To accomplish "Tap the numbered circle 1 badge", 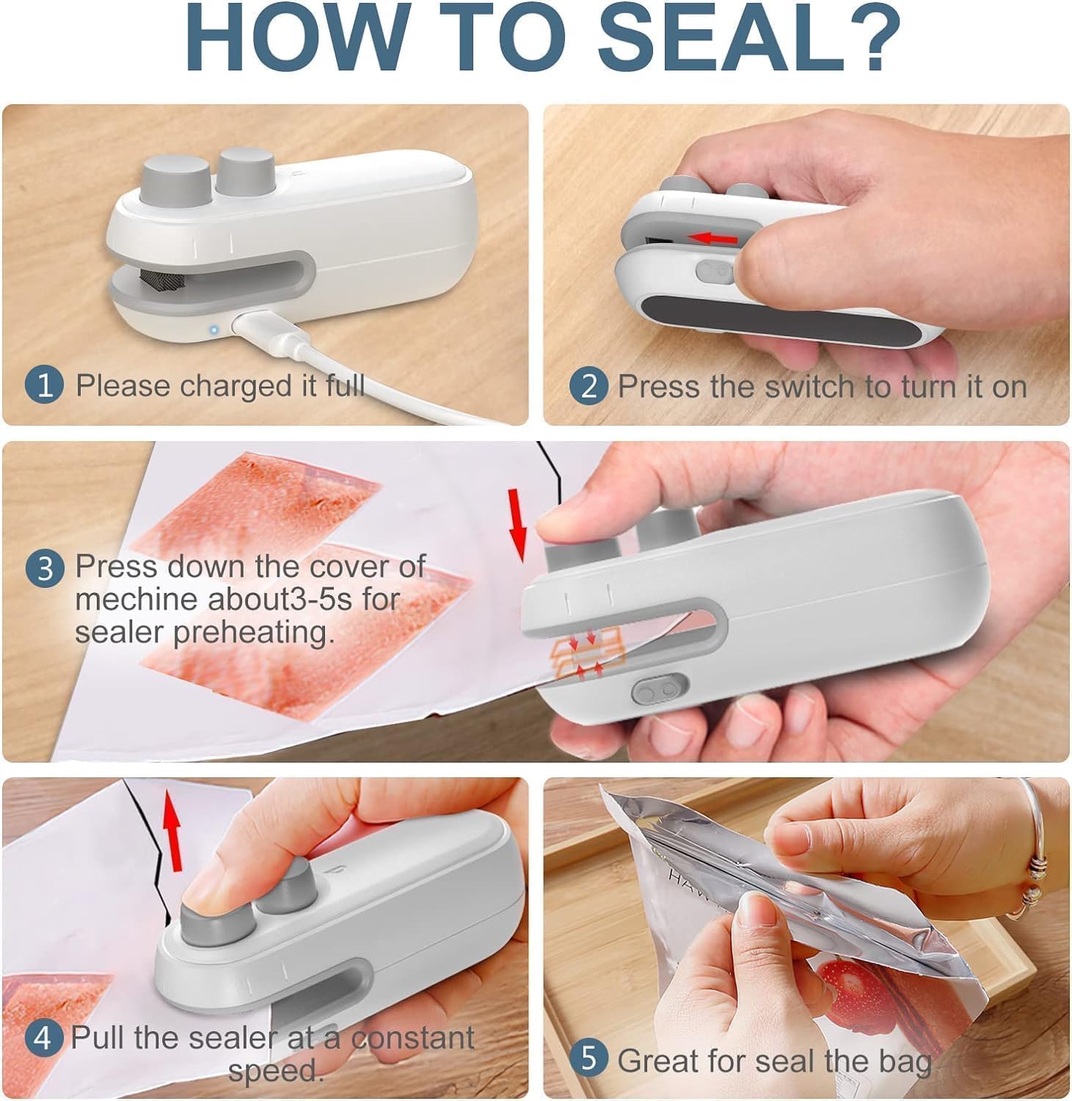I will tap(45, 385).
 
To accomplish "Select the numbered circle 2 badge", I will tap(588, 386).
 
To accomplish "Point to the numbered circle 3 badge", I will tap(45, 568).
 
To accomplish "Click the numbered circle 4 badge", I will tap(43, 1038).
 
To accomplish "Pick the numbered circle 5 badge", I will tap(588, 1059).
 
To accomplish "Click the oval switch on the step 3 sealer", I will tap(658, 691).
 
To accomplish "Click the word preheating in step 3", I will tap(253, 632).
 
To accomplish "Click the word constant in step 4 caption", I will tap(412, 1038).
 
